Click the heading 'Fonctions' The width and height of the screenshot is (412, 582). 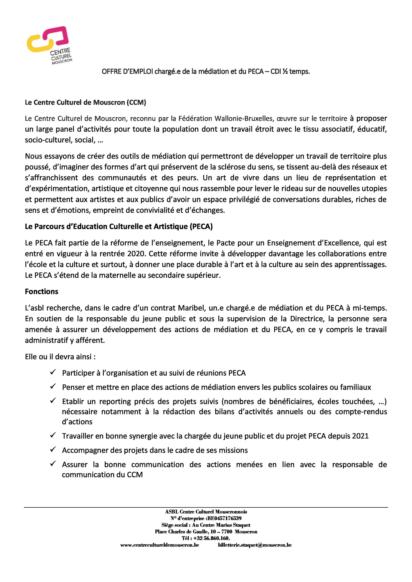[x=41, y=292]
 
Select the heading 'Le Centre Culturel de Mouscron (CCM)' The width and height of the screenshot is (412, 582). [x=85, y=103]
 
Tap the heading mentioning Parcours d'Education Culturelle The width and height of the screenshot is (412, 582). [x=119, y=227]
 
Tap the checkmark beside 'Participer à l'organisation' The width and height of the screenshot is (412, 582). [x=53, y=372]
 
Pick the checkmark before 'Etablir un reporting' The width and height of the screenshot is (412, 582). [x=53, y=401]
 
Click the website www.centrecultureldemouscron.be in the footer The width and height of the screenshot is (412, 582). [x=159, y=545]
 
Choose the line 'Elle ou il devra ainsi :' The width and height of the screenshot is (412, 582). [x=60, y=357]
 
